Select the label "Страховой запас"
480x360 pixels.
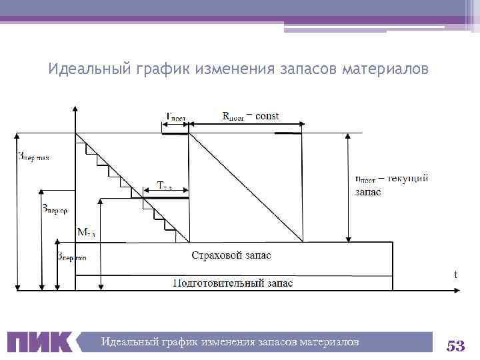click(231, 255)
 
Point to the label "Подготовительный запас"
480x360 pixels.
click(233, 283)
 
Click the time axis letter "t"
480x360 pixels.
click(456, 274)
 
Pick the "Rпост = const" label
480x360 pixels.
click(251, 115)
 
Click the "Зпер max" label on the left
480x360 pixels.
click(33, 158)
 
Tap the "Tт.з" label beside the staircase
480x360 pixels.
click(165, 186)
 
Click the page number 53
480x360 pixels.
click(455, 345)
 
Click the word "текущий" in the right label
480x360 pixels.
click(407, 178)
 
